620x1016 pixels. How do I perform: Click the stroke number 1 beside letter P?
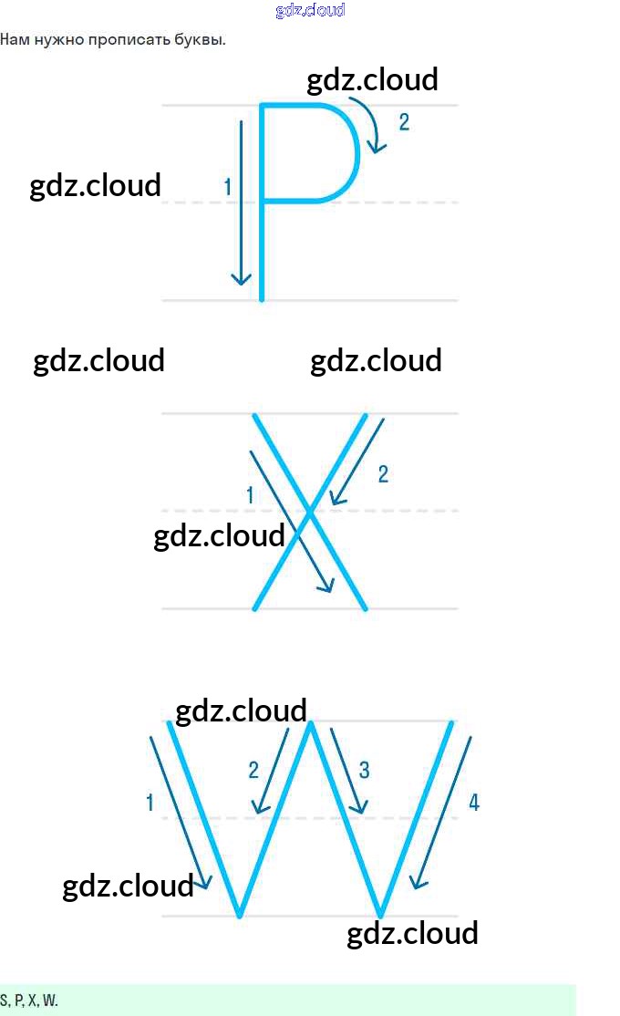point(228,187)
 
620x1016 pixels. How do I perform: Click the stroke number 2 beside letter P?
point(404,122)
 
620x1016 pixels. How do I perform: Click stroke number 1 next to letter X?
point(250,495)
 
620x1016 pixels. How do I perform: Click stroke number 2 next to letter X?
point(383,473)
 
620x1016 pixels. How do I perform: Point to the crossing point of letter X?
point(310,513)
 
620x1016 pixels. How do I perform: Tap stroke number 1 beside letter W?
point(150,803)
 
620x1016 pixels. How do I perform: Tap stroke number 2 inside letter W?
point(253,770)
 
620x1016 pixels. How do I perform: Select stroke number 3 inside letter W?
point(364,770)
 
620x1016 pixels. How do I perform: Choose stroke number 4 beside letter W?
point(473,803)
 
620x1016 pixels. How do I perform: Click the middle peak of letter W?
point(311,725)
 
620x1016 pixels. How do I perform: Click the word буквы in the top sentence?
point(201,40)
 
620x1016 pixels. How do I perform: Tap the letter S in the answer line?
point(4,1000)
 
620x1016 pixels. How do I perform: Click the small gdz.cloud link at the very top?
point(310,10)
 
